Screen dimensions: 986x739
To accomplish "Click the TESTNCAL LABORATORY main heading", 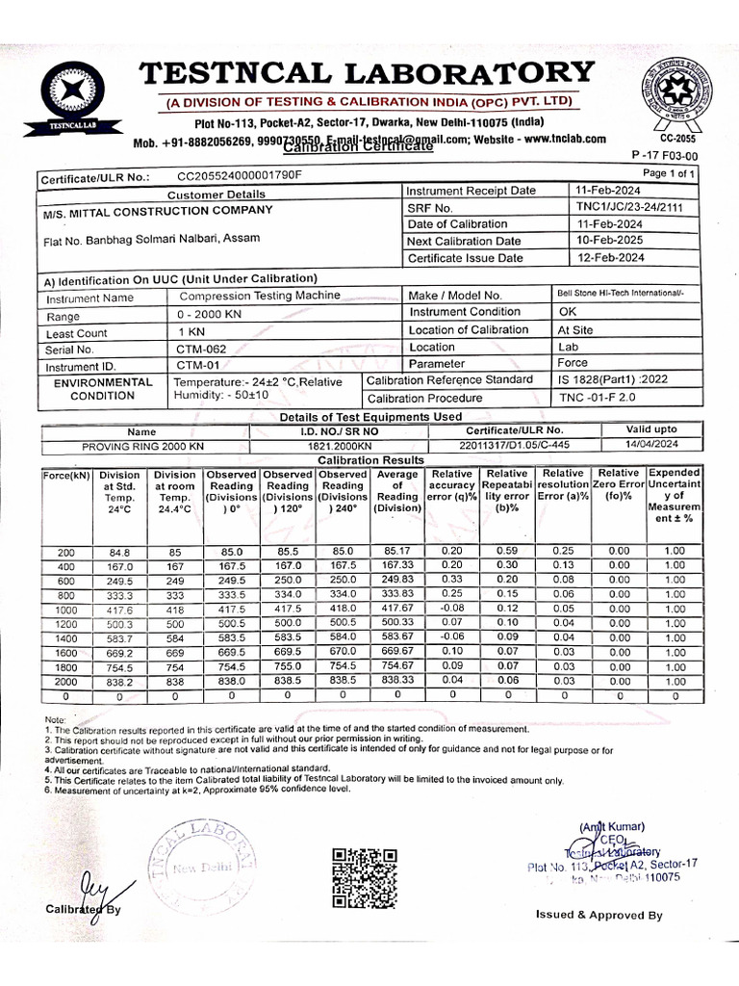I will [x=367, y=73].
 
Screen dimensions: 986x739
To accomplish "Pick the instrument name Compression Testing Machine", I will [x=260, y=298].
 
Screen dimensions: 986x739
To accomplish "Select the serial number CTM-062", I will [x=201, y=350].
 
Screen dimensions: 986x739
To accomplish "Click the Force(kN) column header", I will [x=65, y=475].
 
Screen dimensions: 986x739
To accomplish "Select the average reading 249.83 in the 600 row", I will [x=397, y=580].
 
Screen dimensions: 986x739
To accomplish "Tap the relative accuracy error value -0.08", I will [x=451, y=609].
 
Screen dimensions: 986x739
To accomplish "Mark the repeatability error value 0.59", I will [x=507, y=551].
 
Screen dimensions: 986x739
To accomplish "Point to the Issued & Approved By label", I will [x=599, y=915].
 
